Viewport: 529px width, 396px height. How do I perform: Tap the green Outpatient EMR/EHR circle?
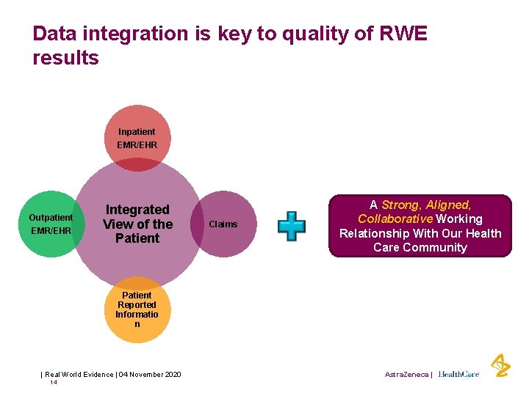point(51,224)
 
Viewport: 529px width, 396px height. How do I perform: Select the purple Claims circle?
point(223,224)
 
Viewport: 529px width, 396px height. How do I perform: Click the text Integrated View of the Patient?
point(137,224)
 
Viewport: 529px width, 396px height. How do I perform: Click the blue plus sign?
point(291,226)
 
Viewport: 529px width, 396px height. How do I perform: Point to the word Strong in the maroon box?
point(401,205)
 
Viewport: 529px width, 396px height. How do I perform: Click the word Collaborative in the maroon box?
point(395,219)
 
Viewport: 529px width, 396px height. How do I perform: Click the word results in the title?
point(65,58)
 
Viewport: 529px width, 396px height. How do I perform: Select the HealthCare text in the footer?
point(458,374)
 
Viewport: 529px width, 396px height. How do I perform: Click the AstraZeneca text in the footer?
point(406,374)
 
